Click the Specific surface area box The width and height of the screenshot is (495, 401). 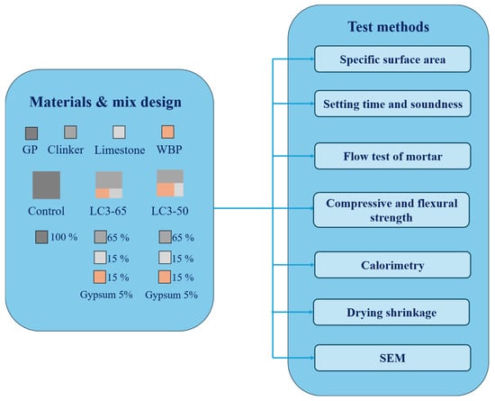pyautogui.click(x=392, y=59)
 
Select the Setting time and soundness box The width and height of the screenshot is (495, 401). pyautogui.click(x=392, y=104)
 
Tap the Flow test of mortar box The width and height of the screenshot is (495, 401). pyautogui.click(x=392, y=156)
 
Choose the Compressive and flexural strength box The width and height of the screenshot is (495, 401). pyautogui.click(x=391, y=210)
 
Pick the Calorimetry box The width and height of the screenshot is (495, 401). pyautogui.click(x=392, y=265)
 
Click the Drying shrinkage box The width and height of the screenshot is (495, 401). pyautogui.click(x=391, y=312)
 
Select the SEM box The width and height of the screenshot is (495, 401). pyautogui.click(x=392, y=358)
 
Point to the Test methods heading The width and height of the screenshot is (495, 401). pyautogui.click(x=388, y=26)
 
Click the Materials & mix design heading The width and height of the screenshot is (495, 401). pyautogui.click(x=105, y=102)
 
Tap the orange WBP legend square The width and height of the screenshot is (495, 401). pyautogui.click(x=167, y=132)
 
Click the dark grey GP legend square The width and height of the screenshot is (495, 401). pyautogui.click(x=31, y=133)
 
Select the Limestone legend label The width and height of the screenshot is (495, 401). pyautogui.click(x=120, y=150)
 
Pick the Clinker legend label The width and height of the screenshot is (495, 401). pyautogui.click(x=66, y=150)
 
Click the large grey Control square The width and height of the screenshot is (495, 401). pyautogui.click(x=46, y=185)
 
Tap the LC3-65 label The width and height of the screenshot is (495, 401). pyautogui.click(x=108, y=211)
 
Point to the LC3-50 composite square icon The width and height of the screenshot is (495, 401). pyautogui.click(x=170, y=183)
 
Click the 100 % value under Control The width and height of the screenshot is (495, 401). pyautogui.click(x=64, y=237)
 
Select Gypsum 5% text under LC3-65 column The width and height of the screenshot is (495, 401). pyautogui.click(x=106, y=295)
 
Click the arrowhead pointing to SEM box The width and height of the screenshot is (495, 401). pyautogui.click(x=312, y=358)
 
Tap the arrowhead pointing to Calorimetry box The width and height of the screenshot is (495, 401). pyautogui.click(x=312, y=265)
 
